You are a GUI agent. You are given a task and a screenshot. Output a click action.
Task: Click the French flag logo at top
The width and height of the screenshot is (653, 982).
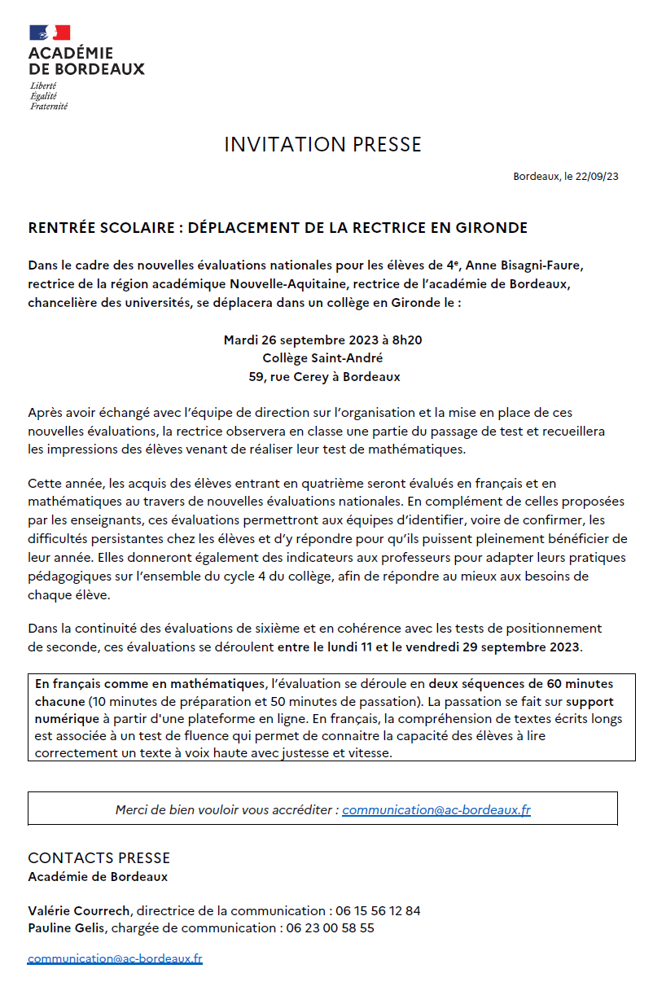coord(50,33)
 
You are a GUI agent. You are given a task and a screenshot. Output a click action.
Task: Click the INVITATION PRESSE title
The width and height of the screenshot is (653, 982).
coord(322,145)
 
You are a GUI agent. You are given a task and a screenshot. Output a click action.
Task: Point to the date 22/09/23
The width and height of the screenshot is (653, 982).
coord(600,177)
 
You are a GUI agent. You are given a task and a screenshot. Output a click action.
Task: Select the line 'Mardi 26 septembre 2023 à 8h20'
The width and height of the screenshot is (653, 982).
coord(322,340)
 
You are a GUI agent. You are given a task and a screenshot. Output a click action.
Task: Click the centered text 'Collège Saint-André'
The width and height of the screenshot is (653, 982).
coord(322,358)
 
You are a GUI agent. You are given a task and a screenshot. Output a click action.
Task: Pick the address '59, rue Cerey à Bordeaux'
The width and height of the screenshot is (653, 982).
coord(324,377)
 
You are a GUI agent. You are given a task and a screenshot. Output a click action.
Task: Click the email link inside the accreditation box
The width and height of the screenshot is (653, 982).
coord(436,810)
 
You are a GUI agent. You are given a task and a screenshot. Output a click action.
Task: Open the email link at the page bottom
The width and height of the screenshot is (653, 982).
coord(115,959)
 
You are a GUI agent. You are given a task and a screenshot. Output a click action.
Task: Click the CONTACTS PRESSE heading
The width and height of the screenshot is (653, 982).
coord(99,858)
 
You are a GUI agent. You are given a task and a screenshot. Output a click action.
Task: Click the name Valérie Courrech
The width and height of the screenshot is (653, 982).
coord(80,910)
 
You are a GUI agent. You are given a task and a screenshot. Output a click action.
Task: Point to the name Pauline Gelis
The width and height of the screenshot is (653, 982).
coord(68,927)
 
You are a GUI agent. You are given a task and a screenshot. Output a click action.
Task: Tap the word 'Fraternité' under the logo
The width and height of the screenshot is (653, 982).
coord(49,107)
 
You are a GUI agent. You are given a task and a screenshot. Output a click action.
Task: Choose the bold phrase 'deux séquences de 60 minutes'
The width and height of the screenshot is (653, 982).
coord(521,684)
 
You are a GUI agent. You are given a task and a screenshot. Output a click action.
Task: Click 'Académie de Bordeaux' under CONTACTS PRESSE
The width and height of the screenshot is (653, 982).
coord(98,877)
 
